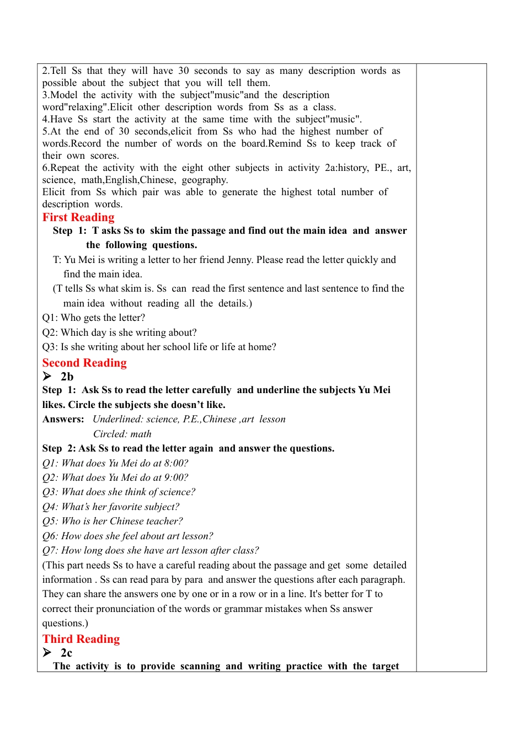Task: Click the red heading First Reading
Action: [78, 217]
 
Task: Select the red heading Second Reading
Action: [84, 363]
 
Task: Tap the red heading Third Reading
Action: [81, 639]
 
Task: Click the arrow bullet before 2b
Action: [47, 377]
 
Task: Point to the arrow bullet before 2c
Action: [47, 653]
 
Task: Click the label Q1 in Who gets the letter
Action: [49, 318]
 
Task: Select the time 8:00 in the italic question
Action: [176, 463]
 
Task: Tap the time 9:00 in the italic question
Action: [176, 477]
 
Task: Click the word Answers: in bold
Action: [63, 419]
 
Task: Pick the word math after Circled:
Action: [141, 434]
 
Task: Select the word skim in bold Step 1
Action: [161, 230]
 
